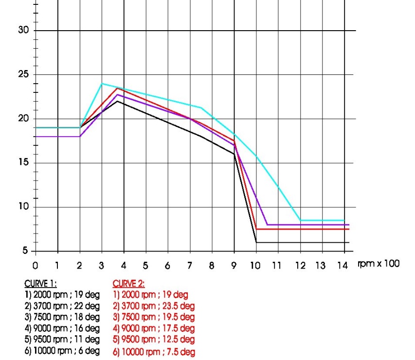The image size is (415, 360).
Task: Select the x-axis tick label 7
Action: coord(190,266)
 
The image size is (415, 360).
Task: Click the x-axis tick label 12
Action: coord(300,266)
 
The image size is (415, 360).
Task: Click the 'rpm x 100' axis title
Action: coord(378,264)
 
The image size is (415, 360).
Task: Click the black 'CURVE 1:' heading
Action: coord(40,284)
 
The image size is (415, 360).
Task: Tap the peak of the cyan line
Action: coord(102,84)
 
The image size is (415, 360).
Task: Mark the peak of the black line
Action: coord(117,101)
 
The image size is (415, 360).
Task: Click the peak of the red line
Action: coord(117,88)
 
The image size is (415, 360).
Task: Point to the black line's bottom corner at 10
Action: coord(256,242)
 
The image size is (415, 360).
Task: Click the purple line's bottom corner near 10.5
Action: coord(267,225)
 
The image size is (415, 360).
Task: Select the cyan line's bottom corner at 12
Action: coord(300,220)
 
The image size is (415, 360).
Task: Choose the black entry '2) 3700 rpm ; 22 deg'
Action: coord(62,306)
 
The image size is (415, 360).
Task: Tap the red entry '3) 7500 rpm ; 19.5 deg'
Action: coord(154,317)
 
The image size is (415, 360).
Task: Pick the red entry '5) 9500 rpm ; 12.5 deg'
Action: coord(154,340)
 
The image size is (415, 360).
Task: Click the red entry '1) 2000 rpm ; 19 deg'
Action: coord(150,294)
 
